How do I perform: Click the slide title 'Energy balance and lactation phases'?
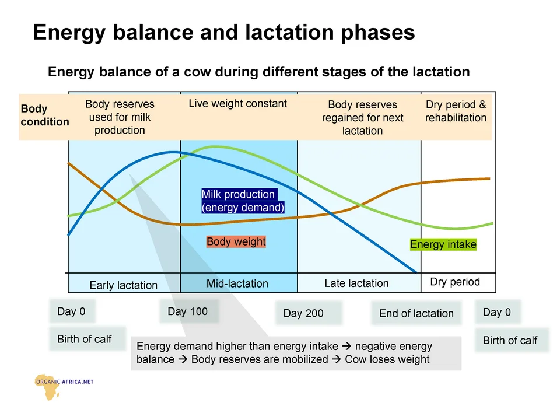pyautogui.click(x=224, y=32)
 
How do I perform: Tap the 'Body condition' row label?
pyautogui.click(x=44, y=116)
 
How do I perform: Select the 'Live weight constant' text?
pyautogui.click(x=238, y=104)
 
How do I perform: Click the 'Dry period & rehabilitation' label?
pyautogui.click(x=456, y=111)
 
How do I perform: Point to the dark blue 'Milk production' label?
pyautogui.click(x=243, y=201)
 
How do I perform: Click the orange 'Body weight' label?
pyautogui.click(x=236, y=242)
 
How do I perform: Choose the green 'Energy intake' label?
pyautogui.click(x=443, y=244)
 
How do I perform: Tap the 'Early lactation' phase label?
pyautogui.click(x=124, y=285)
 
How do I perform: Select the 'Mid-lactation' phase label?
pyautogui.click(x=237, y=283)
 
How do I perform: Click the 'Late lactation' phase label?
pyautogui.click(x=356, y=283)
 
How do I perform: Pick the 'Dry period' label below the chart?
pyautogui.click(x=455, y=282)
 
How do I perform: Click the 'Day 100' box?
pyautogui.click(x=187, y=311)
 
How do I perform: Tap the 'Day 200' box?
pyautogui.click(x=303, y=313)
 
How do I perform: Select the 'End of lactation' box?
pyautogui.click(x=416, y=313)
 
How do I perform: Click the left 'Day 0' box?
pyautogui.click(x=71, y=311)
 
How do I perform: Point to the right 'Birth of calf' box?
pyautogui.click(x=510, y=340)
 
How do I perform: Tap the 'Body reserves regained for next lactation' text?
pyautogui.click(x=362, y=118)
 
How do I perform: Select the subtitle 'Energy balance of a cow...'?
pyautogui.click(x=258, y=72)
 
